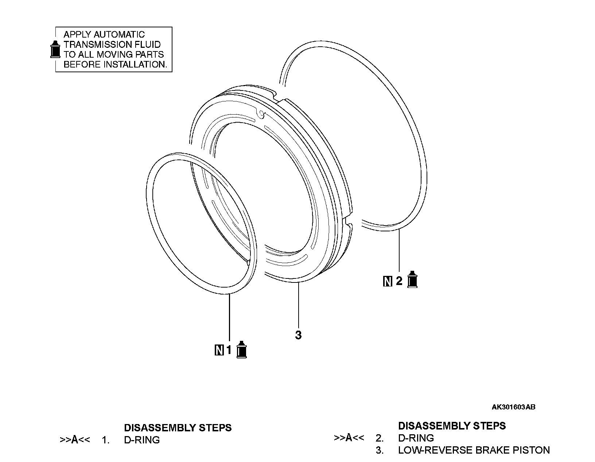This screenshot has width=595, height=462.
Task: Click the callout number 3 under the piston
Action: (x=298, y=335)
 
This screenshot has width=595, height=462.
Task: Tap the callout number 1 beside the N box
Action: (x=229, y=350)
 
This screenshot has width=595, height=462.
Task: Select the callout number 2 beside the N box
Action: (x=399, y=281)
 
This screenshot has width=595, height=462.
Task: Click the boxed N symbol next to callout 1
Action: (x=219, y=350)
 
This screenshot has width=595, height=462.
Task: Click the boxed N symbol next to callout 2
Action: (x=388, y=281)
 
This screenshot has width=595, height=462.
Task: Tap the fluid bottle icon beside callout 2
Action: (x=412, y=280)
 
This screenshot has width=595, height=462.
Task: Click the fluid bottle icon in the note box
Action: (x=55, y=49)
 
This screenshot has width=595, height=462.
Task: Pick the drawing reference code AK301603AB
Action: (x=513, y=407)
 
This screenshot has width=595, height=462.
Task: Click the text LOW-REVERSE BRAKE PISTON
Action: (x=474, y=450)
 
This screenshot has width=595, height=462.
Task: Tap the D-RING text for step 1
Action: (x=142, y=440)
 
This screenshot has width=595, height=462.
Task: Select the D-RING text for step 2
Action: (x=416, y=438)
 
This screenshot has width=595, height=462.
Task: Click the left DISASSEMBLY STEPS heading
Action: (x=178, y=428)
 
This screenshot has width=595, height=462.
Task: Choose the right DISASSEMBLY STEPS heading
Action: (x=452, y=426)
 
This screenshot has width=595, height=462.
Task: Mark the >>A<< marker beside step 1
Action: (x=75, y=440)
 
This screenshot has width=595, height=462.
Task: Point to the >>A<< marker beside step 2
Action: (x=349, y=438)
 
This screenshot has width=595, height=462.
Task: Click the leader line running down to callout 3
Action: (x=298, y=307)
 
